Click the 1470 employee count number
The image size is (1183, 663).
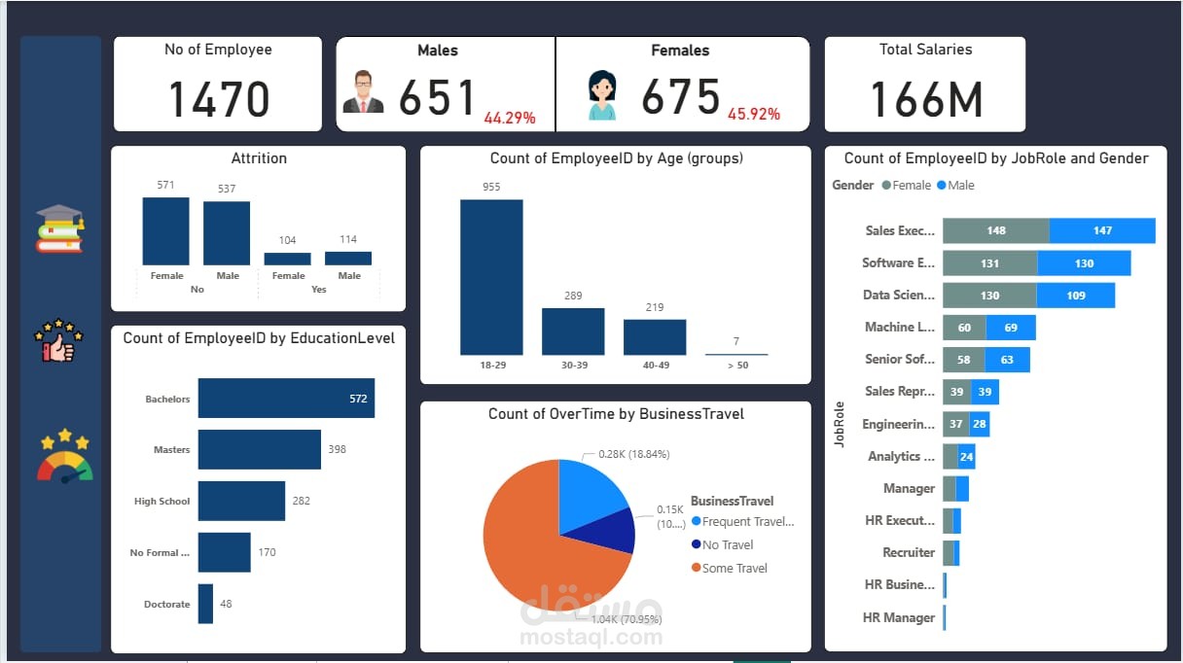point(219,99)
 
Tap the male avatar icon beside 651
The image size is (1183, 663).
point(364,92)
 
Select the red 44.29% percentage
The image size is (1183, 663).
point(510,118)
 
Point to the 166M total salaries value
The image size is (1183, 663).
point(925,99)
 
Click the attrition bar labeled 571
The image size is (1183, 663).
point(166,231)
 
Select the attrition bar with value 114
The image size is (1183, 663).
point(348,259)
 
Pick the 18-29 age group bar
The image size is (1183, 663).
point(491,277)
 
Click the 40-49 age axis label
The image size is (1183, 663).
point(654,365)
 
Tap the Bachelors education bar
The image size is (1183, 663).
point(286,399)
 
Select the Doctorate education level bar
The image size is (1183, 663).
point(205,604)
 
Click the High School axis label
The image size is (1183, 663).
point(161,502)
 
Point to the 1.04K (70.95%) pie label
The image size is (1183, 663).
point(619,618)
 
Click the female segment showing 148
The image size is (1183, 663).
point(995,230)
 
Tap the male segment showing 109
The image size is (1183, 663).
point(1075,295)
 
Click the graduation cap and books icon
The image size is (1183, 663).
point(59,228)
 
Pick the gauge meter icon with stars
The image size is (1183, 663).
point(64,456)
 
